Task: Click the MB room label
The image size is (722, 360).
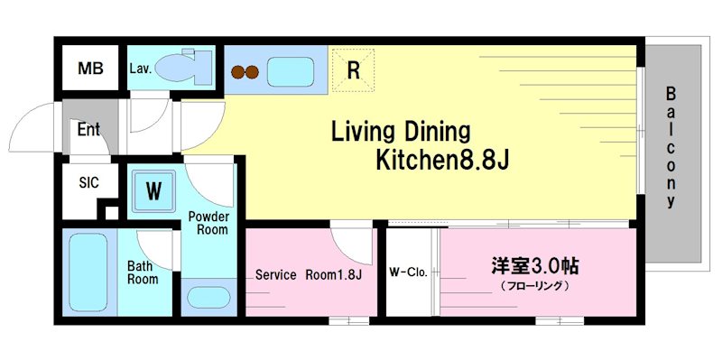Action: pos(90,69)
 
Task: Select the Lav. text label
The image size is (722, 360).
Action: pos(140,68)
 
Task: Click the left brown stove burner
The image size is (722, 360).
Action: pos(239,72)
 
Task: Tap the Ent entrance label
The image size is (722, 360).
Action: pos(88,130)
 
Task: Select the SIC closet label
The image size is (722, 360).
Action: pos(88,182)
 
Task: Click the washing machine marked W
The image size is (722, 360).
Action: pos(154,190)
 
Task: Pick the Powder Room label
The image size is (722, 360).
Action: pos(208,223)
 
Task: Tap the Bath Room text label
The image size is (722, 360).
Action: pos(143,272)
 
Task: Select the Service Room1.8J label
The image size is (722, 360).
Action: pos(308,275)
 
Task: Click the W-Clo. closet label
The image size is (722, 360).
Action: pos(407,272)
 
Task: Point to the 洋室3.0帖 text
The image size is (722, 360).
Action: pos(535,266)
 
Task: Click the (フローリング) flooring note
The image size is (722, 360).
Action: pos(535,286)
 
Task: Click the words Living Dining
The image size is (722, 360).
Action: pos(402,132)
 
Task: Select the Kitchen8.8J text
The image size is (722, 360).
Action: pos(442,162)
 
